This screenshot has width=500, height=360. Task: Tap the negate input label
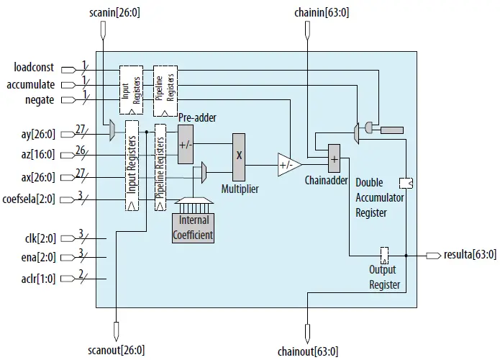click(39, 100)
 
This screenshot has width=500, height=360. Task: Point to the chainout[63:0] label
click(307, 351)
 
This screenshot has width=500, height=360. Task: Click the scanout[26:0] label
click(116, 350)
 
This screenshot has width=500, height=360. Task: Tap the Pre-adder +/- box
click(185, 144)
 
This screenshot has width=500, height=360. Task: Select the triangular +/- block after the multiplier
click(288, 166)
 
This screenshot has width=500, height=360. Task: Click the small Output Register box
click(385, 254)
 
